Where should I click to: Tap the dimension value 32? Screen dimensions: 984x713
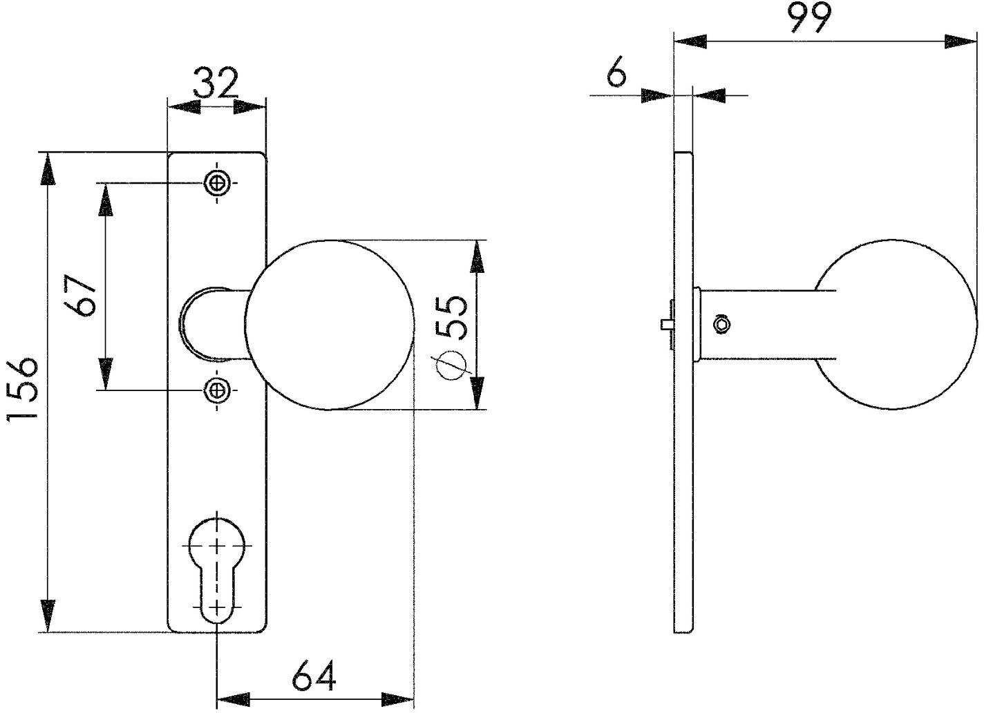click(216, 84)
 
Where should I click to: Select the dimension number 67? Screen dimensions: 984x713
click(79, 295)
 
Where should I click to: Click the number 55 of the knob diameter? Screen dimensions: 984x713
click(451, 317)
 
